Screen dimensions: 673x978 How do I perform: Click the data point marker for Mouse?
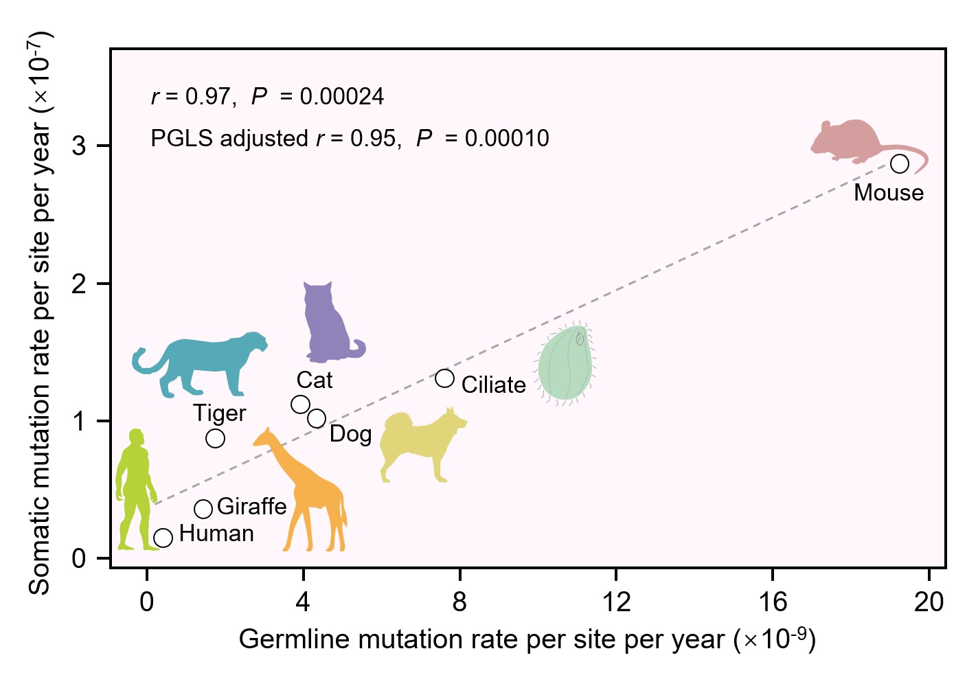899,164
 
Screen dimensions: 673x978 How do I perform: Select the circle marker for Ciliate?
444,378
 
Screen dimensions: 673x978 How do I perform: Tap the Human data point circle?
163,538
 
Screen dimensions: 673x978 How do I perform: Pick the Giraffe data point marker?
203,509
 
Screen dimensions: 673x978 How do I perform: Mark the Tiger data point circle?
215,438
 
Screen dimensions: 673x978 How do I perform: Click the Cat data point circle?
300,404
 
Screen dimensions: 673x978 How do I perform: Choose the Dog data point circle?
317,418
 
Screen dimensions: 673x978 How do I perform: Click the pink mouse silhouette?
852,141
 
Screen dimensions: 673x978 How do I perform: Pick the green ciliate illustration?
565,364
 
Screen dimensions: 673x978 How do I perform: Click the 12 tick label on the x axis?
616,602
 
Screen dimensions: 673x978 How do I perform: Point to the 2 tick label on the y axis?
79,284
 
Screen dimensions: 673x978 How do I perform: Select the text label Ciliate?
493,385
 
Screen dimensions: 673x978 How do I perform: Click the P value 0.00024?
342,97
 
